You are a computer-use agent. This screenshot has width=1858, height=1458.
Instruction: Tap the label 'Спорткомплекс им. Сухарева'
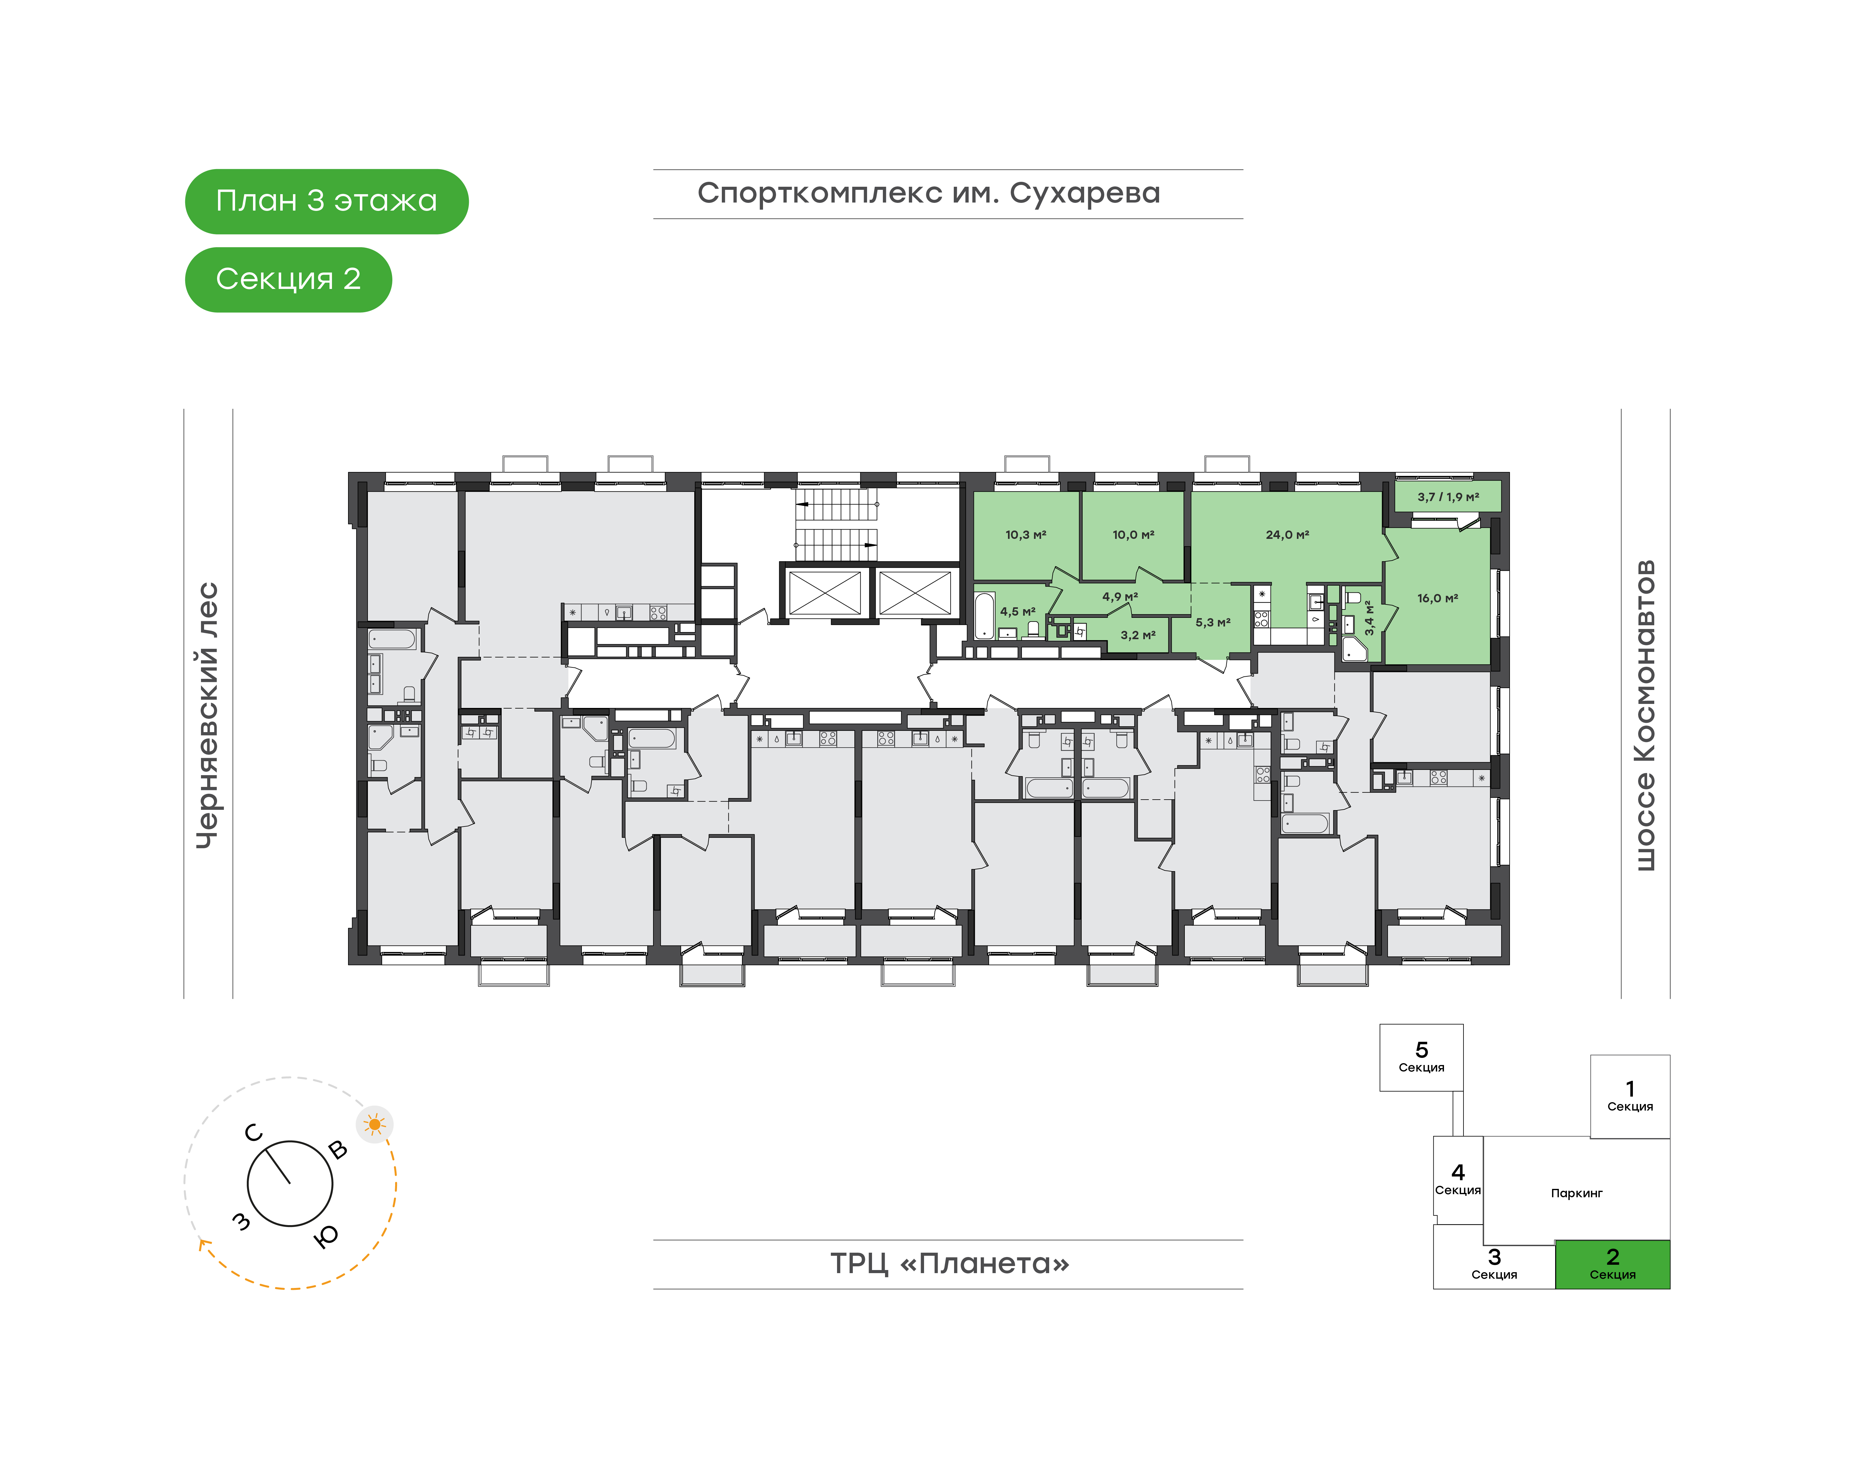pyautogui.click(x=929, y=194)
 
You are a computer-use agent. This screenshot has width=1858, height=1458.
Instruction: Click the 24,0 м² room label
pyautogui.click(x=1287, y=535)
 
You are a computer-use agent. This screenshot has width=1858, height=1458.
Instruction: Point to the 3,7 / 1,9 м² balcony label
pyautogui.click(x=1448, y=497)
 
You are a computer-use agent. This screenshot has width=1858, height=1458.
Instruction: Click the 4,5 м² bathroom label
pyautogui.click(x=1017, y=612)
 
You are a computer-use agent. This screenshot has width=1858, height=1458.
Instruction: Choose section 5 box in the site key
pyautogui.click(x=1421, y=1058)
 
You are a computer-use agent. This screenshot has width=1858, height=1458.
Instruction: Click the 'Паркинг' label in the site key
pyautogui.click(x=1576, y=1194)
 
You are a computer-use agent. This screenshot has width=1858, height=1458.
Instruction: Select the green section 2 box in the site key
pyautogui.click(x=1612, y=1264)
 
